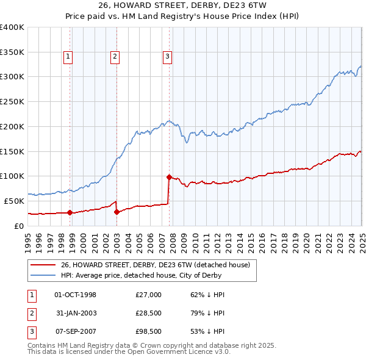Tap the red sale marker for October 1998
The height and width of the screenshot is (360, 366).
point(70,212)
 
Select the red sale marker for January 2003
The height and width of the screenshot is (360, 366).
point(117,212)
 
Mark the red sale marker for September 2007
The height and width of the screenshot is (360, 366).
point(168,176)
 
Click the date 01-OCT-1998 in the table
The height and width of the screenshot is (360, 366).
point(75,295)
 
